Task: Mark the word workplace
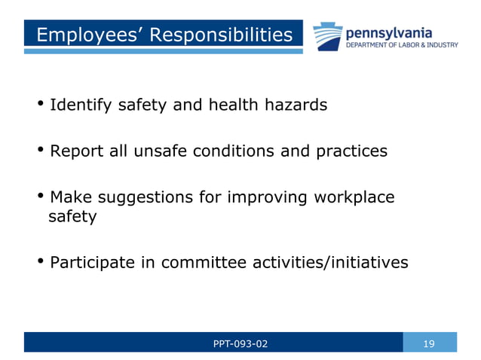[353, 198]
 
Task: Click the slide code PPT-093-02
[240, 344]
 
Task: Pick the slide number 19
[430, 344]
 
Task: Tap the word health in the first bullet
[231, 105]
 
